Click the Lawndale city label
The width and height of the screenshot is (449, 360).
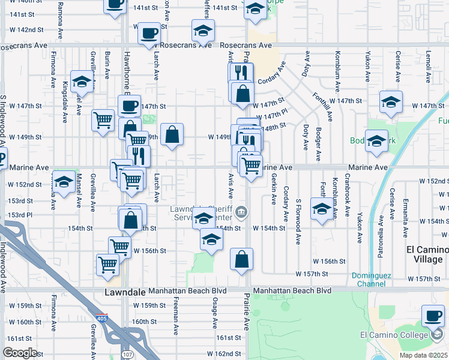(125, 292)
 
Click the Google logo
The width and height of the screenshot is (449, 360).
(19, 353)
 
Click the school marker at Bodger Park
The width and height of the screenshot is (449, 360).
(376, 141)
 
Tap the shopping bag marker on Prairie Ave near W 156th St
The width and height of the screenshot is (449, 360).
(241, 259)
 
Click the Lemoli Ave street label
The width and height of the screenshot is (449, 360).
(429, 65)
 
